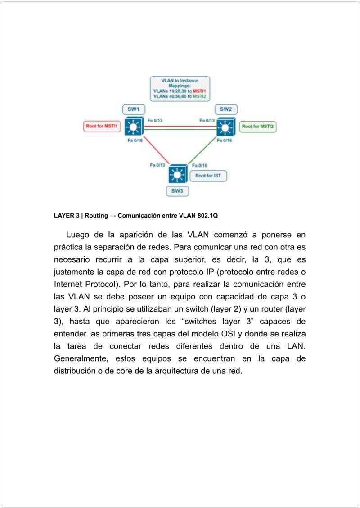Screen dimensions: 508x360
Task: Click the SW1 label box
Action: coord(134,109)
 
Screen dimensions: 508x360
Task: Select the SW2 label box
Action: coord(226,109)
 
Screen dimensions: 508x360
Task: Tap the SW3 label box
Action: coord(177,191)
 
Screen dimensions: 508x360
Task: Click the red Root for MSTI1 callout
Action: coord(102,127)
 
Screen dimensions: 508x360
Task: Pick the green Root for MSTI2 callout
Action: coord(257,127)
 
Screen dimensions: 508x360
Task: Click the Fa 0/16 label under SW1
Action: coord(135,141)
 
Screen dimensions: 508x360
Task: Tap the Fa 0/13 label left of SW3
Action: coord(157,165)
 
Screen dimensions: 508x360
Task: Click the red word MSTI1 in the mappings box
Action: coord(199,91)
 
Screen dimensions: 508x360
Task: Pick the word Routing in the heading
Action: coord(96,216)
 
